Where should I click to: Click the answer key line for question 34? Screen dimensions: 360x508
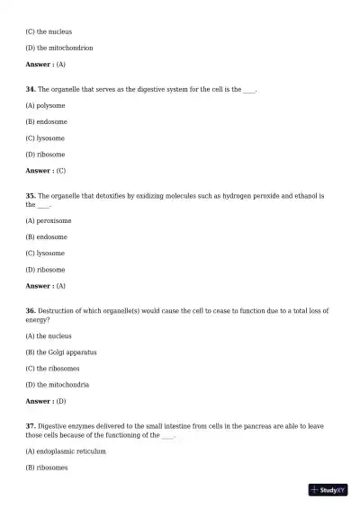click(46, 171)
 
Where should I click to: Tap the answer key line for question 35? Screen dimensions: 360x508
click(46, 286)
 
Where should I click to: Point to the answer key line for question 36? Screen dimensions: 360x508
click(46, 401)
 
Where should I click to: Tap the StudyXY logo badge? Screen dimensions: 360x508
click(328, 490)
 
